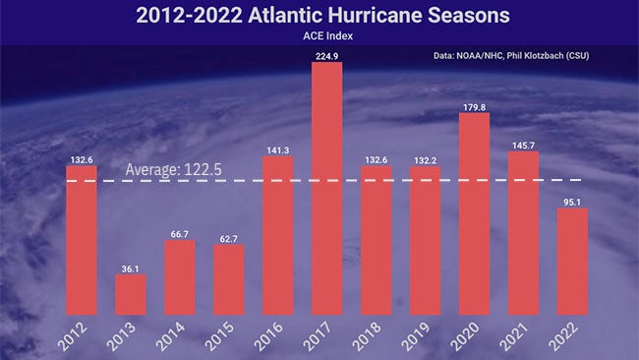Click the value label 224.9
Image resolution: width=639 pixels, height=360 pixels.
326,55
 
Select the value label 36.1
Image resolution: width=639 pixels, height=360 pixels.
130,267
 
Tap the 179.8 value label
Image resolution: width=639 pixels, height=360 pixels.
474,105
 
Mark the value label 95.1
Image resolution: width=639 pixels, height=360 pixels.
572,201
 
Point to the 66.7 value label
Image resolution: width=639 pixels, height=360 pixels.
179,233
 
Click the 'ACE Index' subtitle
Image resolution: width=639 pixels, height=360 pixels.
319,36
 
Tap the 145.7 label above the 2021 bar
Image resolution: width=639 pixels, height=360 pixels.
523,144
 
